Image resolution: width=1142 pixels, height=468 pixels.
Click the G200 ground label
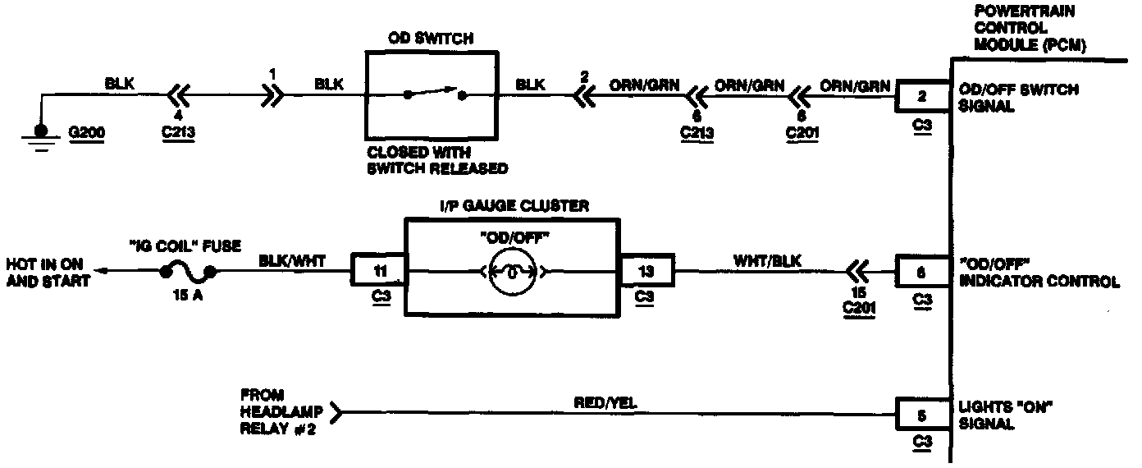(x=89, y=131)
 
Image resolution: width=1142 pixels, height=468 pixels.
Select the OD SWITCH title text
(x=431, y=39)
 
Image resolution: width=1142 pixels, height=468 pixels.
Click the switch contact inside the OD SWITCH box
(x=435, y=94)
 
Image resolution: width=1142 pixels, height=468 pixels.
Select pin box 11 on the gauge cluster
(x=378, y=269)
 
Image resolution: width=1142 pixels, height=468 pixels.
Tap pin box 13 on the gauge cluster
(x=647, y=269)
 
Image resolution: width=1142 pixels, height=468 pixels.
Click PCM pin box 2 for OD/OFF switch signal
(x=921, y=97)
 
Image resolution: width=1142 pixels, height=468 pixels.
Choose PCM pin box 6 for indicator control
(x=921, y=270)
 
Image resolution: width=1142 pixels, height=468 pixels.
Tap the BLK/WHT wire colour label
(x=292, y=260)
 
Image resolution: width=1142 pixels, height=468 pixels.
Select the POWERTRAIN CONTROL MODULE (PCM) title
(x=1030, y=29)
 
